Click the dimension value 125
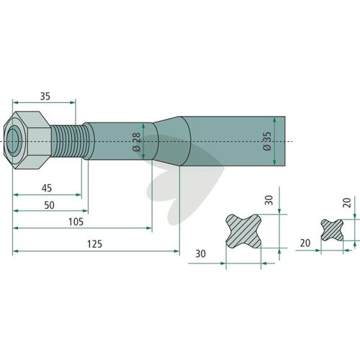pos(94,244)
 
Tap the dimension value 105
pos(76,222)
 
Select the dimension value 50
pos(49,205)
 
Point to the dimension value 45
pos(47,188)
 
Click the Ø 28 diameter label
pos(136,142)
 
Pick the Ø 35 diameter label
pos(267,141)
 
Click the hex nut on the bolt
pos(27,140)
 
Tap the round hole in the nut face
pos(14,140)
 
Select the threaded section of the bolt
pos(66,141)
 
